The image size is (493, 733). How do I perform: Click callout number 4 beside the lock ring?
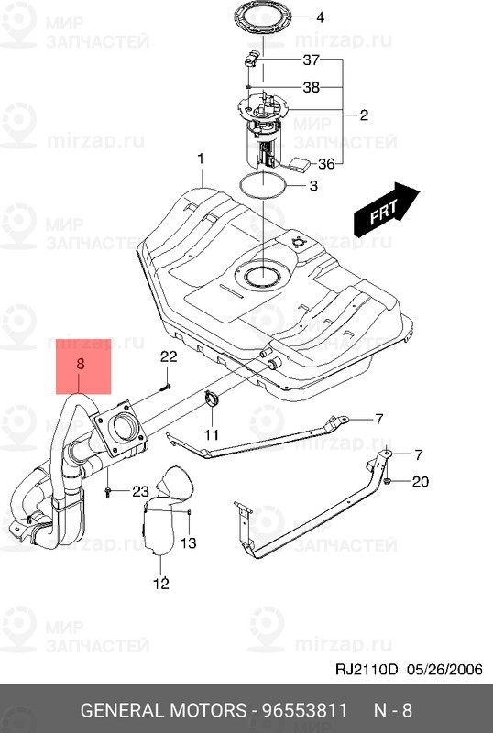320,17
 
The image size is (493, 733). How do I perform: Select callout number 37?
311,60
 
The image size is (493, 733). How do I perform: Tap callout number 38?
311,87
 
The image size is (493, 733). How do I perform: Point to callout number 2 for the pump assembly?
364,115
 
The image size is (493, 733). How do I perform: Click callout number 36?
326,164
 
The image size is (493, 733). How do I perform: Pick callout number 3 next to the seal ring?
313,186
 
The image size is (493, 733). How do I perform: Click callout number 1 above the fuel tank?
201,159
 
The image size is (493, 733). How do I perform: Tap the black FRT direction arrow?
387,210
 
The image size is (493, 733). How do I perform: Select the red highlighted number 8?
81,363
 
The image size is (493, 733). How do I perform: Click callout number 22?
169,356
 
